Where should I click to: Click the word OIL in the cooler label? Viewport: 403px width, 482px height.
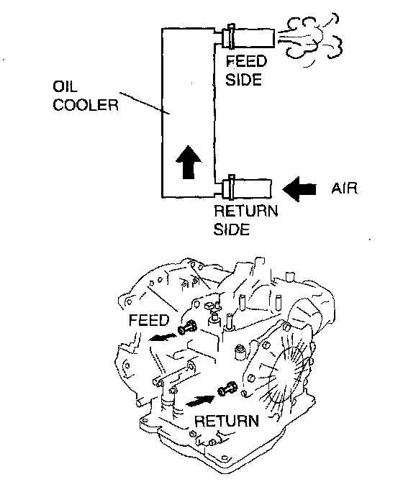tap(65, 86)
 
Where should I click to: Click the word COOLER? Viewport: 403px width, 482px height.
tap(86, 105)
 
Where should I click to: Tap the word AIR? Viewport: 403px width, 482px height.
tap(344, 188)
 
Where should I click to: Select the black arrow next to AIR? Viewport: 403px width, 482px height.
tap(299, 189)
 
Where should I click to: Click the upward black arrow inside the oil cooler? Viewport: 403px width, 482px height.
tap(189, 162)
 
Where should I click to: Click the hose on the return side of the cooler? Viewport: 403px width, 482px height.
tap(248, 188)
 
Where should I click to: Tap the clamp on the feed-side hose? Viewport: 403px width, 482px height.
tap(231, 37)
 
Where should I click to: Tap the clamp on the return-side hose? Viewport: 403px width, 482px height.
tap(232, 188)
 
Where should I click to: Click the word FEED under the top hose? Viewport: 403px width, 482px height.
tap(246, 61)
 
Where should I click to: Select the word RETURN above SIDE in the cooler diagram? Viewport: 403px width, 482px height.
tap(246, 212)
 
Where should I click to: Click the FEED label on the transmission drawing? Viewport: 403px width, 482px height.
tap(149, 320)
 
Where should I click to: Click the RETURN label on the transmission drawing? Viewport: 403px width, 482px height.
tap(227, 421)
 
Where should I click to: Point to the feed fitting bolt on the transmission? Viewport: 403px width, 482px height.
tap(188, 327)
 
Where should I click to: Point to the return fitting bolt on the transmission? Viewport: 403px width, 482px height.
tap(227, 388)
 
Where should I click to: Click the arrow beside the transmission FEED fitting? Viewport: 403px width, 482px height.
tap(163, 337)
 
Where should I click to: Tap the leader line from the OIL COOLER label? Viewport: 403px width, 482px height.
tap(145, 103)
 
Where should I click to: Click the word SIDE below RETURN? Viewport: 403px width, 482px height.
tap(232, 229)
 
